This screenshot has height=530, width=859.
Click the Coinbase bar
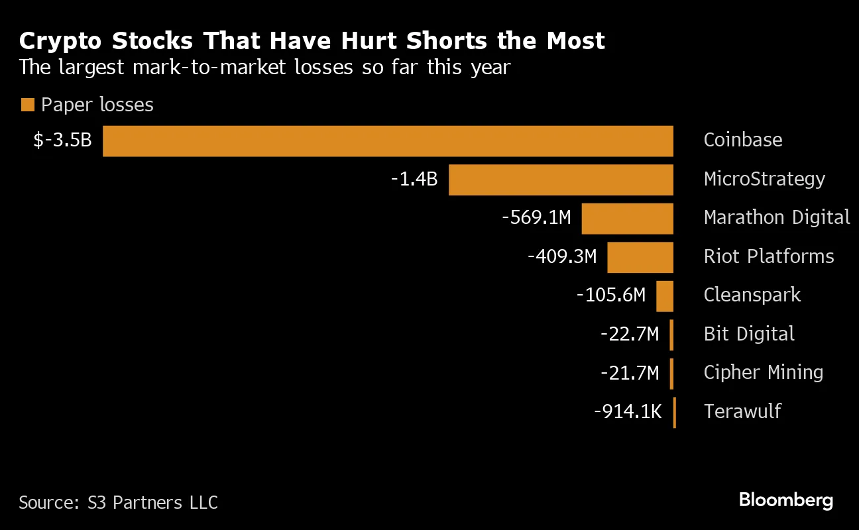click(x=388, y=140)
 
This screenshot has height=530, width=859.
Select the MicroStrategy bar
click(x=561, y=180)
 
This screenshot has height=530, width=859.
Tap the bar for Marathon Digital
click(x=627, y=218)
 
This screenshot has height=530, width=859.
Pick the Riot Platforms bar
click(x=640, y=257)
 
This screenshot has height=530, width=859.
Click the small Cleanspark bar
click(x=665, y=296)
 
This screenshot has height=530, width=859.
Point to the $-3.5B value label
click(x=62, y=140)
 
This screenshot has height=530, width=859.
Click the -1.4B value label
click(x=414, y=180)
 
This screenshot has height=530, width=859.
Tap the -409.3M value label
click(x=562, y=257)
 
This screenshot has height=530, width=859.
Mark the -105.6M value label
click(x=610, y=295)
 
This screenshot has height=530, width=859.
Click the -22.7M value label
click(x=630, y=335)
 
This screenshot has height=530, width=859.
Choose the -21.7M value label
click(x=630, y=374)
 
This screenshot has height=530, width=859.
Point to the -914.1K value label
click(x=627, y=412)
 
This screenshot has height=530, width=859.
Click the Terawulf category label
click(x=742, y=412)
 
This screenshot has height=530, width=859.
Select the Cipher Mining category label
click(x=763, y=373)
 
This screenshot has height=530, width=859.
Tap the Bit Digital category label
click(x=749, y=335)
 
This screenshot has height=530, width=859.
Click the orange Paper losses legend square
click(x=27, y=105)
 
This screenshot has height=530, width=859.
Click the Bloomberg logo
click(x=785, y=500)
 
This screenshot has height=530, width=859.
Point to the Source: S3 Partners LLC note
click(x=118, y=503)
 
